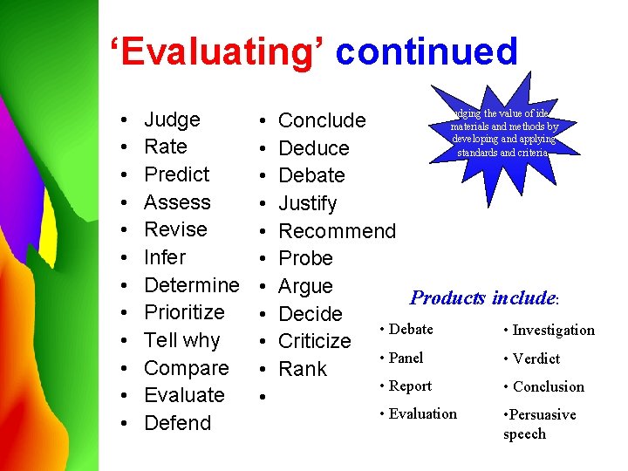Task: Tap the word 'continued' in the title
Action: tap(427, 52)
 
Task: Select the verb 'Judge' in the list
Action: tap(172, 119)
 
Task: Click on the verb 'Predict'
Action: tap(176, 174)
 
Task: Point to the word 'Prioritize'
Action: tap(184, 312)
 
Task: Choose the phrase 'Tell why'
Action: tap(181, 340)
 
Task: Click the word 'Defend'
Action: tap(177, 423)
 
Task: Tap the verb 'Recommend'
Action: tap(337, 231)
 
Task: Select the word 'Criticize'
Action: tap(314, 341)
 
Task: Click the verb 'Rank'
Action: tap(302, 369)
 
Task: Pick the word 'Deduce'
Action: tap(313, 148)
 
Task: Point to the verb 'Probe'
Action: tap(305, 258)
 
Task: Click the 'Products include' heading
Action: tap(483, 298)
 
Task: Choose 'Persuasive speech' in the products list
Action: tap(539, 424)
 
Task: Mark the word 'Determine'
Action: tap(191, 285)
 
